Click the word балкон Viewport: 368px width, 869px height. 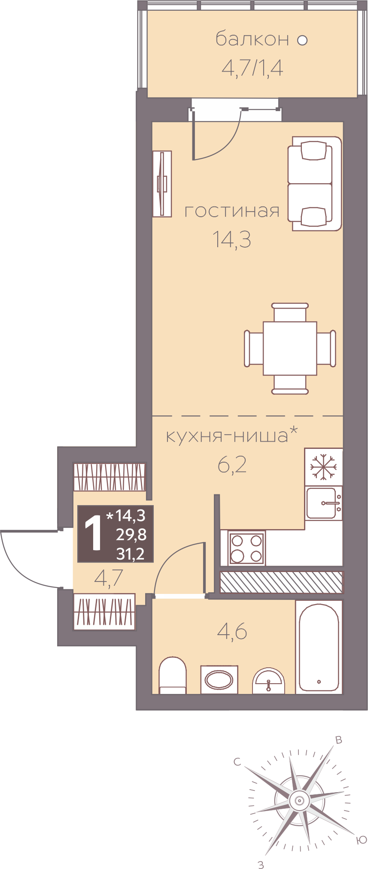pyautogui.click(x=252, y=39)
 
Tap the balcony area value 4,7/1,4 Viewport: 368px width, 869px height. pyautogui.click(x=252, y=68)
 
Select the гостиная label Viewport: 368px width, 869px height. pyautogui.click(x=232, y=211)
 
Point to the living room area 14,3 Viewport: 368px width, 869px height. pyautogui.click(x=232, y=239)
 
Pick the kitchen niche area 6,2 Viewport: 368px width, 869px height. pyautogui.click(x=232, y=465)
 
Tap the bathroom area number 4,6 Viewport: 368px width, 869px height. pyautogui.click(x=232, y=631)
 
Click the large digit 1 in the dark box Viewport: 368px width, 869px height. pyautogui.click(x=94, y=534)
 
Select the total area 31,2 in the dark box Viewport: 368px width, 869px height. pyautogui.click(x=131, y=554)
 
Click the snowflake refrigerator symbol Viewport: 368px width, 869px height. pyautogui.click(x=324, y=467)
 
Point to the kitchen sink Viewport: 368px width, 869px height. pyautogui.click(x=324, y=503)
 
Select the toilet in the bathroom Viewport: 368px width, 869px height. pyautogui.click(x=173, y=675)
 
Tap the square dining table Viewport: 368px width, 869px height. pyautogui.click(x=290, y=348)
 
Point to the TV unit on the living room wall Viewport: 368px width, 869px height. pyautogui.click(x=162, y=184)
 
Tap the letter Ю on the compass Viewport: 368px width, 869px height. pyautogui.click(x=362, y=840)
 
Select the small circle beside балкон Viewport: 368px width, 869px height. pyautogui.click(x=303, y=40)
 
